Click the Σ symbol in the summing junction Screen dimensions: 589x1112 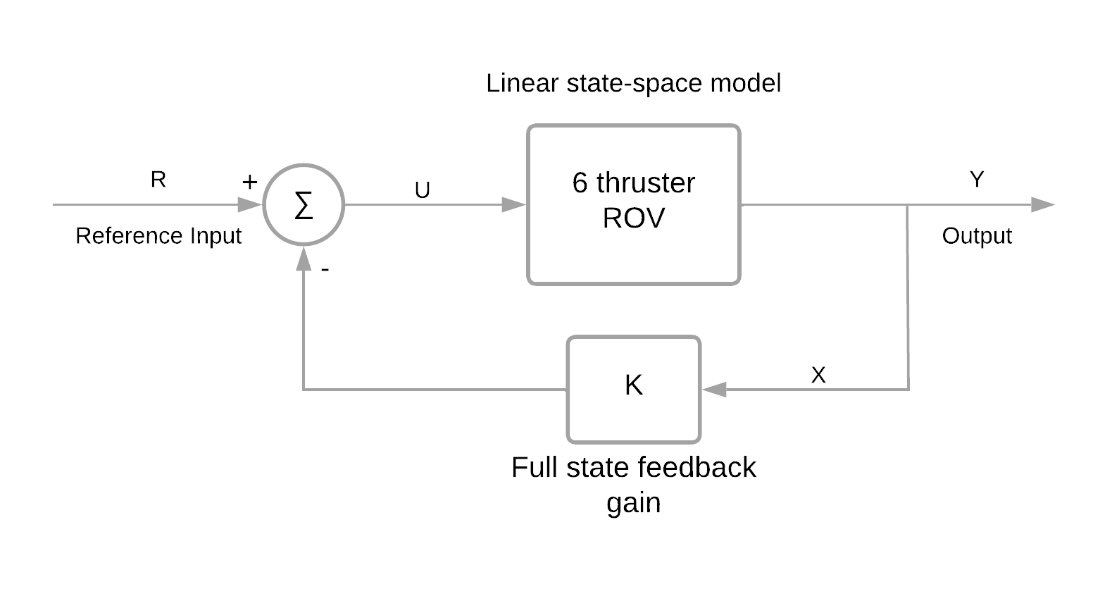coord(303,206)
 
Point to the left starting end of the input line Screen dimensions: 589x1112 coord(55,205)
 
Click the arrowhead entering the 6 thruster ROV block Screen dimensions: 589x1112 coord(514,205)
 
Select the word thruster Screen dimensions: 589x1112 coord(645,183)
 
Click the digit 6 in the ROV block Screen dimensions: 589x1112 coord(580,183)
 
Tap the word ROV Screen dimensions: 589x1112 coord(633,219)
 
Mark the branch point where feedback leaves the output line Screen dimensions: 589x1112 coord(908,205)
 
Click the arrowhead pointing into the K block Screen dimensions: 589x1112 coord(714,389)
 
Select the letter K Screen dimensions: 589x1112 coord(633,385)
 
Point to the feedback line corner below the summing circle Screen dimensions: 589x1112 coord(304,389)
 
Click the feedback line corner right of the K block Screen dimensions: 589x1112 coord(908,389)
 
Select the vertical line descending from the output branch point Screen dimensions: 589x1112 coord(908,296)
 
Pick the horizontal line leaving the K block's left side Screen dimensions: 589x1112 coord(437,389)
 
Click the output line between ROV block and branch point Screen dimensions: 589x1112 coord(824,205)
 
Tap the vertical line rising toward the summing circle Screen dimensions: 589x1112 coord(304,331)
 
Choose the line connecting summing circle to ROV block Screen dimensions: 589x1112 coord(423,205)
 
